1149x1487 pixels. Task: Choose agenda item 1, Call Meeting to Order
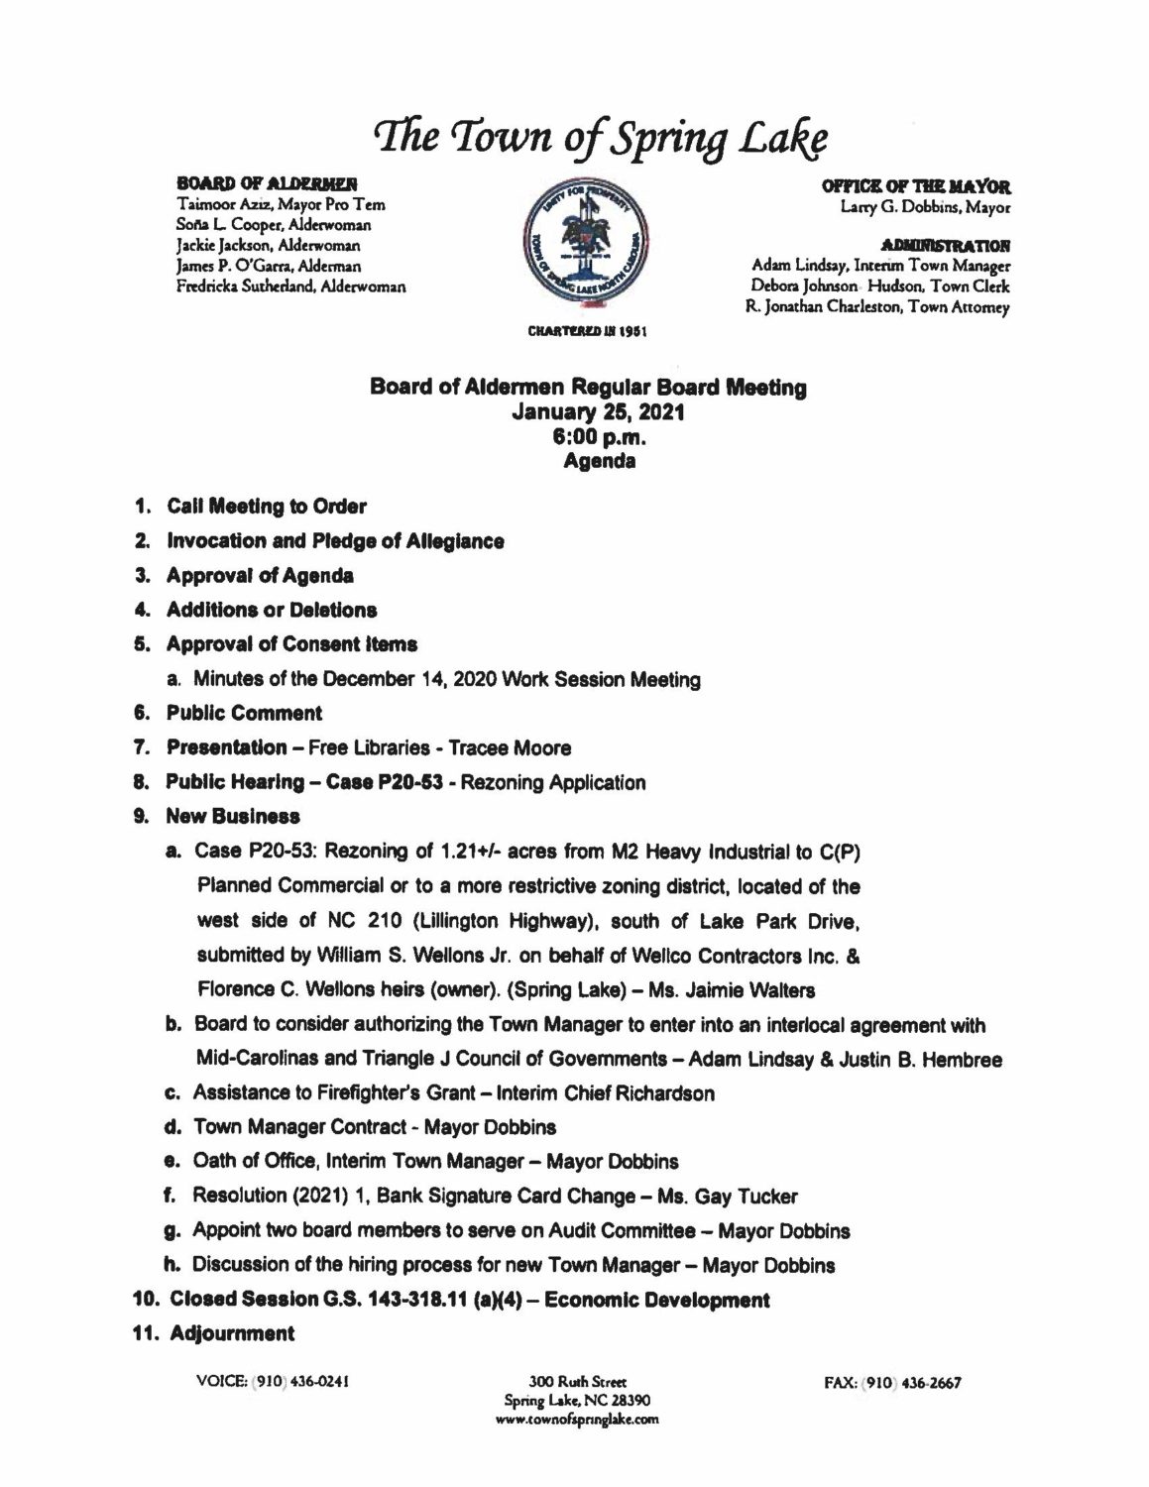tap(266, 507)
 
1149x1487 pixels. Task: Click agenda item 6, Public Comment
tap(244, 713)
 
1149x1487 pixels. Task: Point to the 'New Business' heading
tap(233, 817)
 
